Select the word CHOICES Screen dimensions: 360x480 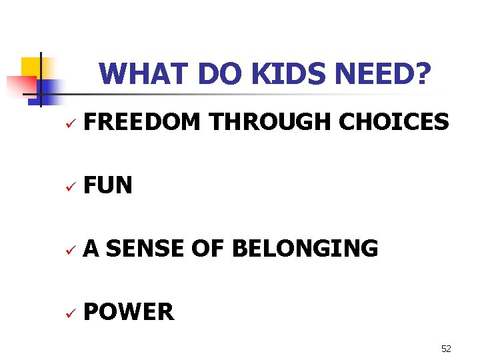pos(394,122)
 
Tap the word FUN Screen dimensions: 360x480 pos(108,185)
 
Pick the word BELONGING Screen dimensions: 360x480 pos(305,249)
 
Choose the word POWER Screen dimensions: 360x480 pos(129,311)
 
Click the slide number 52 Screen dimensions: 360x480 pos(446,349)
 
